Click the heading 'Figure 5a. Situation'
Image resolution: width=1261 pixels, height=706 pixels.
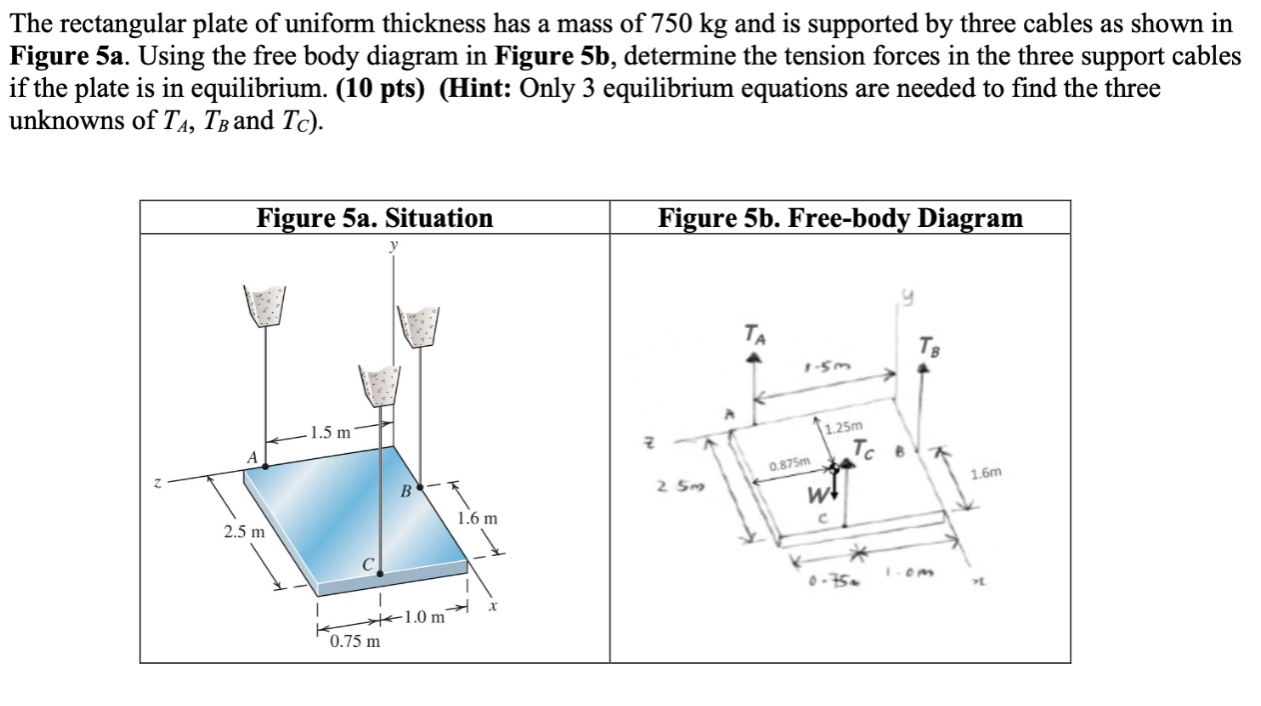pyautogui.click(x=374, y=217)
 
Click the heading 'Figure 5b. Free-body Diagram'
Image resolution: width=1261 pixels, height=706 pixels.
pyautogui.click(x=839, y=217)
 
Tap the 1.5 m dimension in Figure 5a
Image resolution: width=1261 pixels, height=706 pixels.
pyautogui.click(x=331, y=433)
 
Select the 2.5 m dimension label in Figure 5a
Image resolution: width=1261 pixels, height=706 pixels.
pyautogui.click(x=244, y=531)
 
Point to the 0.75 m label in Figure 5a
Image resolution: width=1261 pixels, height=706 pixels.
pyautogui.click(x=355, y=641)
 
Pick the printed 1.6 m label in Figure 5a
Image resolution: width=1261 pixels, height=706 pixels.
pyautogui.click(x=477, y=519)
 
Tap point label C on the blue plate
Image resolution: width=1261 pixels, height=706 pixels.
pyautogui.click(x=368, y=567)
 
